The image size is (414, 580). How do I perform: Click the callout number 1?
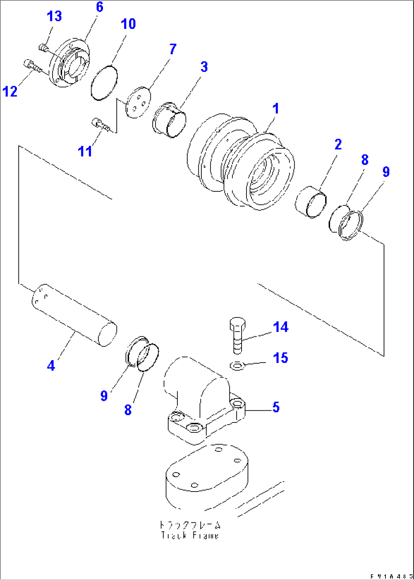coord(276,109)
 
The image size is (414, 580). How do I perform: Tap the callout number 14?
coord(281,327)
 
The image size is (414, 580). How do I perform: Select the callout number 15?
coord(281,358)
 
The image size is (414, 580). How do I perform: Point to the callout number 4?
coord(51,366)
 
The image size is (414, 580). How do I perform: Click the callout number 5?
coord(276,407)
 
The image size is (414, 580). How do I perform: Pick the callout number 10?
coord(128,24)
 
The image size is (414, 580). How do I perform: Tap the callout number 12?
coord(10,91)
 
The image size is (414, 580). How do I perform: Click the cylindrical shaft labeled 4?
coord(74,315)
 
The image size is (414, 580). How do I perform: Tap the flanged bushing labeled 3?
coord(170,120)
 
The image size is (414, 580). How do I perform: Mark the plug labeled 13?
coord(43,48)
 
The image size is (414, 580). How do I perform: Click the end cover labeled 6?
coord(70,64)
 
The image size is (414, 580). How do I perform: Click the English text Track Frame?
coord(190,535)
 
